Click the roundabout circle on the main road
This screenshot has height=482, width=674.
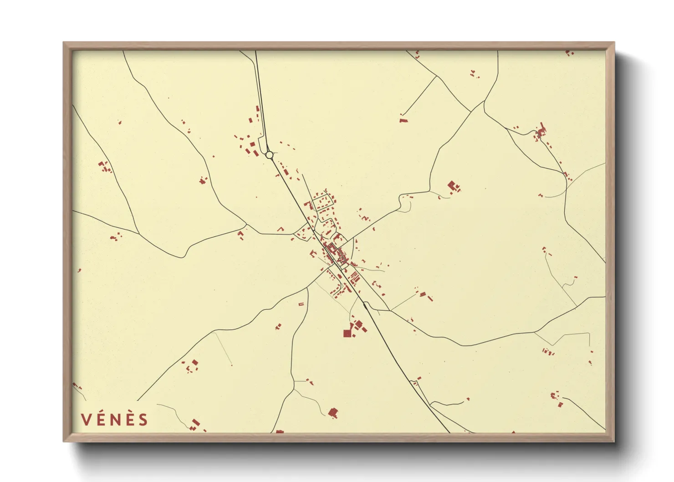point(269,155)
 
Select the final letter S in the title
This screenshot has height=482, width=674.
point(143,420)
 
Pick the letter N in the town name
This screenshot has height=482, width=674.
point(115,420)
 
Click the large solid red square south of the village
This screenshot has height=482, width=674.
point(347,333)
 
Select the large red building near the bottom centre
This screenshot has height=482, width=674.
point(333,413)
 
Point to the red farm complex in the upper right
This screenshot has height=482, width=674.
point(541,131)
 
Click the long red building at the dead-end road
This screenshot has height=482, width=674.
point(403,120)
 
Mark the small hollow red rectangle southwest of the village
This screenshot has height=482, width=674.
point(301,304)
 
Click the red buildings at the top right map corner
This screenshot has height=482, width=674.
point(569,53)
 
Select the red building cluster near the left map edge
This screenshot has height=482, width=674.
point(104,167)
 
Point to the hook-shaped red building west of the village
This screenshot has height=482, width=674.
point(281,229)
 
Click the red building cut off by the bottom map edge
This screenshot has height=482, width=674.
point(279,431)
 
